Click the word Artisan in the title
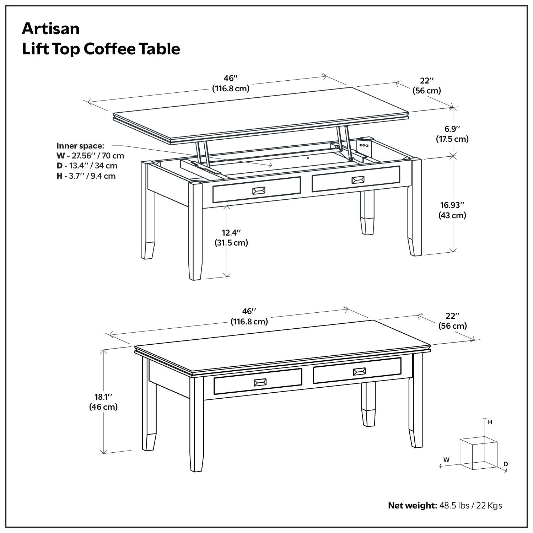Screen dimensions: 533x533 (x=51, y=28)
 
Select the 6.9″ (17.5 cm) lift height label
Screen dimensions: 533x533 (x=452, y=134)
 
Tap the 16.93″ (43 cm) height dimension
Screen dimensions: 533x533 (x=452, y=210)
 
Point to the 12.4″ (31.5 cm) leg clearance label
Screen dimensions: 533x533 (x=231, y=238)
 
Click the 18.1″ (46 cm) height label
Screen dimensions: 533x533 (x=103, y=402)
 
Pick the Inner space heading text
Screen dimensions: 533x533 (x=80, y=146)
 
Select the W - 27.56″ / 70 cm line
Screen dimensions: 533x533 (x=90, y=156)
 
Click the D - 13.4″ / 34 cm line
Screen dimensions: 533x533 (x=87, y=166)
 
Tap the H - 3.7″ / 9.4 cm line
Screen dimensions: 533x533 (x=86, y=176)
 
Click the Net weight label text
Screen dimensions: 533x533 (x=412, y=505)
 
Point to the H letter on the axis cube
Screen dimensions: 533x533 (x=490, y=422)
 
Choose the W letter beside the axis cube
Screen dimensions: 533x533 (x=446, y=459)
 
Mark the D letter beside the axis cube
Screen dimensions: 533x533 (x=506, y=464)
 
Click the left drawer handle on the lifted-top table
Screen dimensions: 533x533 (x=259, y=191)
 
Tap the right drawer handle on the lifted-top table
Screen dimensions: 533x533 (x=358, y=180)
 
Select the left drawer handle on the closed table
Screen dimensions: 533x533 (x=260, y=382)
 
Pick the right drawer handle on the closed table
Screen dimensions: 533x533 (x=359, y=372)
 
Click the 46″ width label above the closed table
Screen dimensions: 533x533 (x=249, y=316)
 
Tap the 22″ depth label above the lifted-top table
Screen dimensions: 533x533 (x=427, y=86)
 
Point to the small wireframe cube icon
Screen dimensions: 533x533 (x=478, y=454)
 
